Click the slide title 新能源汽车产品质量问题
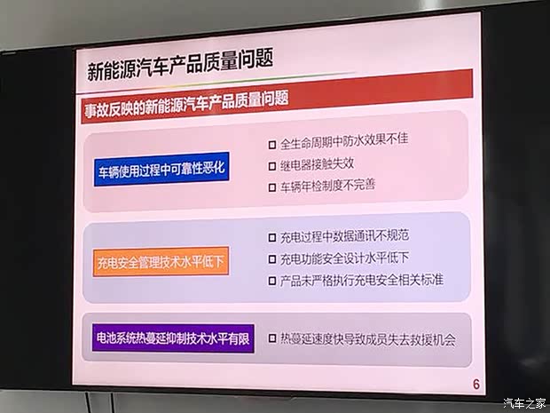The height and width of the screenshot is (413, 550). (x=180, y=62)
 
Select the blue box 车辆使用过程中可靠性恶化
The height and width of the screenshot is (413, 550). (x=162, y=170)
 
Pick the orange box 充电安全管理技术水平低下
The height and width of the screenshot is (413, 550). (x=161, y=262)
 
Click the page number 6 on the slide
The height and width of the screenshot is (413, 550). (x=475, y=384)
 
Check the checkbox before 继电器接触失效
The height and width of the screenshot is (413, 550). (x=272, y=165)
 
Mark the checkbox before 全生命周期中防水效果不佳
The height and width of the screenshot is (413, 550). (x=272, y=143)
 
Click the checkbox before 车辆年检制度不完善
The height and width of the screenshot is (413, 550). (x=272, y=187)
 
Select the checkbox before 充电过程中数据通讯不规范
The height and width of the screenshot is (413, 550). (x=272, y=238)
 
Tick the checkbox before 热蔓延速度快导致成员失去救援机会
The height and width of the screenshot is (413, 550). (x=272, y=338)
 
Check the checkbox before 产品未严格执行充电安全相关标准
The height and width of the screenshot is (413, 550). (x=272, y=282)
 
